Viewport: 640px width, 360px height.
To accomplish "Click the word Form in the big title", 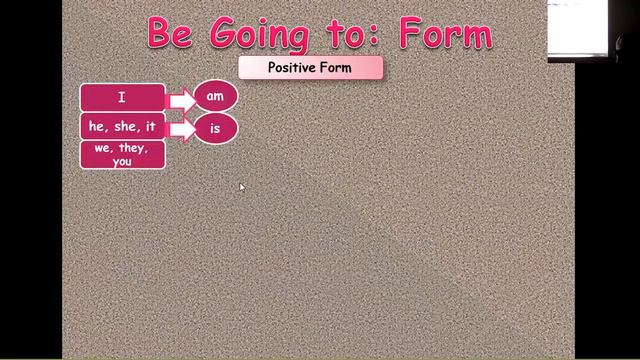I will pyautogui.click(x=444, y=33).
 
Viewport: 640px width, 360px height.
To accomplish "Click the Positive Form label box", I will pyautogui.click(x=310, y=68).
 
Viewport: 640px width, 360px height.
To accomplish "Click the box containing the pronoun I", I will pyautogui.click(x=122, y=97).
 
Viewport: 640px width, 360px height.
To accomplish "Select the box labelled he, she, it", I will pyautogui.click(x=122, y=127).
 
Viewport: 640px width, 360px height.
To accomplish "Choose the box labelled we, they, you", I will pyautogui.click(x=122, y=155).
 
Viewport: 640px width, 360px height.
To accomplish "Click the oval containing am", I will pyautogui.click(x=215, y=97).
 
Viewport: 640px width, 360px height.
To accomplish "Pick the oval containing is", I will pyautogui.click(x=215, y=129).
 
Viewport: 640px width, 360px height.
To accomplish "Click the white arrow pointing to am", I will pyautogui.click(x=181, y=99).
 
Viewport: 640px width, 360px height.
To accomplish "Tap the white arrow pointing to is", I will pyautogui.click(x=181, y=129).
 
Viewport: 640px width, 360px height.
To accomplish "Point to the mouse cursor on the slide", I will pyautogui.click(x=242, y=186).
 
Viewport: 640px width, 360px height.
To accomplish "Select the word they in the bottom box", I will pyautogui.click(x=133, y=149).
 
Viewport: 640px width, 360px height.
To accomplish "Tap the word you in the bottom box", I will pyautogui.click(x=122, y=161).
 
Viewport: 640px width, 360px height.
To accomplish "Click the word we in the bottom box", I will pyautogui.click(x=104, y=149).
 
